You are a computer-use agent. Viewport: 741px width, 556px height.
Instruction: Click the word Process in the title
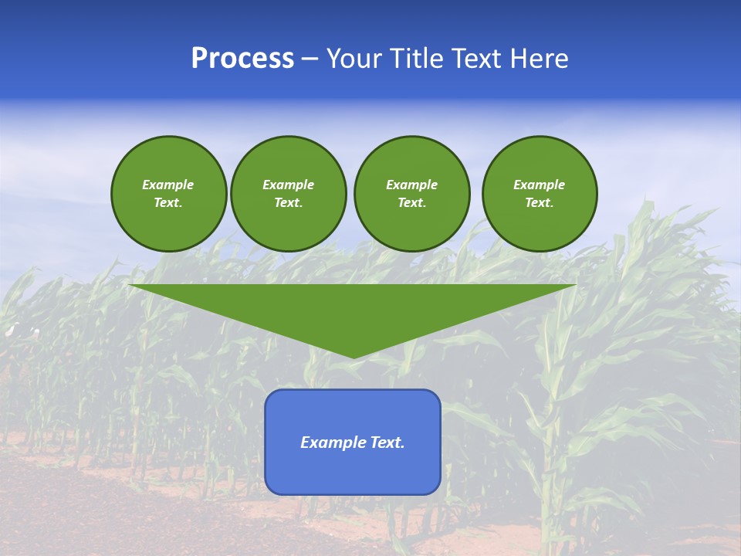coord(242,59)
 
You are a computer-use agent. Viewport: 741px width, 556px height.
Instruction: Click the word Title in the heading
coord(417,59)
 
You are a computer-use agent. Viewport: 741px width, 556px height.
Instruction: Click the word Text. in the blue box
coord(387,442)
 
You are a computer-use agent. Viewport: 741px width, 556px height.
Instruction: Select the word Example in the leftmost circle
coord(168,185)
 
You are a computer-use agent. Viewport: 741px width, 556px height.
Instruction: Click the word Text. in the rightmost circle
coord(539,203)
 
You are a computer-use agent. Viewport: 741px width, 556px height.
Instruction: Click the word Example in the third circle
coord(411,185)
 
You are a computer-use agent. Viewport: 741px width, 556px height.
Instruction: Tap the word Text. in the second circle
coord(288,203)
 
